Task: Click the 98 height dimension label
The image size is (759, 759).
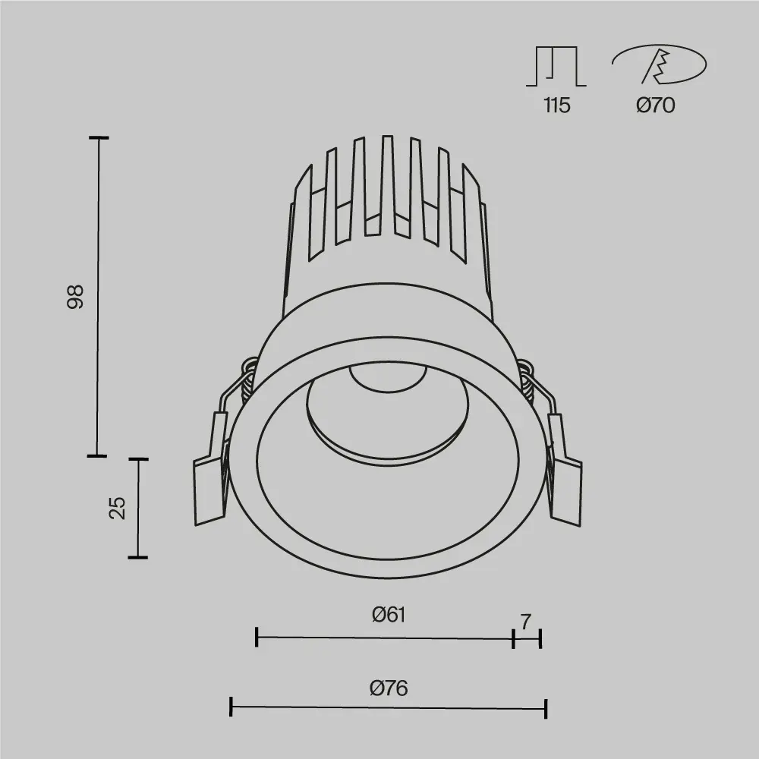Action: pyautogui.click(x=74, y=297)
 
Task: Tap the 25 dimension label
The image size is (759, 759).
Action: pyautogui.click(x=117, y=508)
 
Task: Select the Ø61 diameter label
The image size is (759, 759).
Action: pyautogui.click(x=389, y=615)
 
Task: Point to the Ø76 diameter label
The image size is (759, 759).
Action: pyautogui.click(x=389, y=688)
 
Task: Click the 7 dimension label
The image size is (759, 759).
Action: pyautogui.click(x=525, y=622)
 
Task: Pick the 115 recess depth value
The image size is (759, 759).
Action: pyautogui.click(x=556, y=106)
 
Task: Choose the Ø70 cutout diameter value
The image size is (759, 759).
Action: pyautogui.click(x=655, y=106)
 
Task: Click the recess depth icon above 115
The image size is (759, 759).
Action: pyautogui.click(x=556, y=66)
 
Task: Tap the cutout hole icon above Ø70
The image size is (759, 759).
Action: pyautogui.click(x=659, y=65)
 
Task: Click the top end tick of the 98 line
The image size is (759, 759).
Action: pyautogui.click(x=99, y=138)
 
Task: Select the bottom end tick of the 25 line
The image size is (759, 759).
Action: pyautogui.click(x=137, y=558)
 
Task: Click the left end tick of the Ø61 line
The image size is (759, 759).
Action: pyautogui.click(x=257, y=638)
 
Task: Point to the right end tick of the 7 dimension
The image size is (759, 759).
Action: pyautogui.click(x=540, y=638)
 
